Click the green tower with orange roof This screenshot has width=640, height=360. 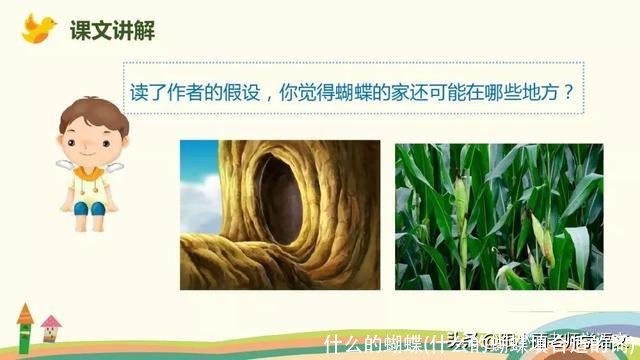click(26, 334)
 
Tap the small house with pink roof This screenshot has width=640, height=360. click(51, 331)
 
